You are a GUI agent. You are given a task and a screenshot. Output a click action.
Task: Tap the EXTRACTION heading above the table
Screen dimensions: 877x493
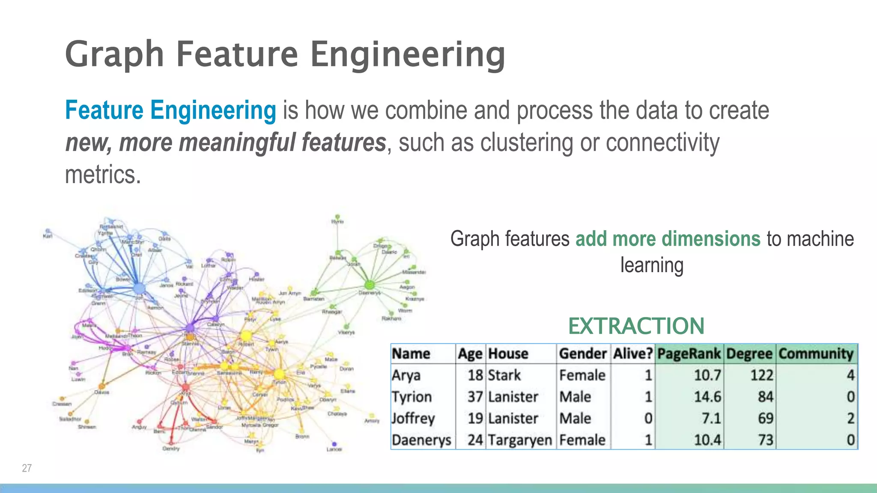pos(636,326)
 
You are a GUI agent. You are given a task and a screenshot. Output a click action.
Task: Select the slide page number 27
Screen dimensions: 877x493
pos(27,468)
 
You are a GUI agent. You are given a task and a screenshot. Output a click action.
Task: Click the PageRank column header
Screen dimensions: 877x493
pos(689,354)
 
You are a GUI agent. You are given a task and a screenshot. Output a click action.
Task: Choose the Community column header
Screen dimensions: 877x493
pos(816,354)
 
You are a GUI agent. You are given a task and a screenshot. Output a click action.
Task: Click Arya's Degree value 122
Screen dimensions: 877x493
pos(761,375)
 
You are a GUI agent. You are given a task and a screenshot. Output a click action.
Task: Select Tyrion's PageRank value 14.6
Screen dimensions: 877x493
pos(707,397)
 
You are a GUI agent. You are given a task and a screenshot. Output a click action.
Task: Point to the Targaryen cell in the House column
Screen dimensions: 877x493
pos(520,440)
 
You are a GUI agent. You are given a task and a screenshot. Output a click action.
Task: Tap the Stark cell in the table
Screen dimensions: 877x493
pos(504,375)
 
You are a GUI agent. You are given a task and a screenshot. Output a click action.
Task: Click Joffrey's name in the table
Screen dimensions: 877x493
pos(413,419)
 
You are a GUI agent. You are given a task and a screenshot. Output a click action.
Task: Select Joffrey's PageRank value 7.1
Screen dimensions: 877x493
pos(711,419)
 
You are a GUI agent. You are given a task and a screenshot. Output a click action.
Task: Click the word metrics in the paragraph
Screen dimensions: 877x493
pos(103,175)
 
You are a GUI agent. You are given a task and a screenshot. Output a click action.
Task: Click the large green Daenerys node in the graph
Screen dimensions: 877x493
pos(370,285)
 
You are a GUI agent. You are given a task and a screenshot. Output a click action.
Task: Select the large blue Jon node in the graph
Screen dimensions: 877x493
pos(139,289)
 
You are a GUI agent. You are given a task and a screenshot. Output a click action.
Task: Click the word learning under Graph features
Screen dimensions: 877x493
pos(652,265)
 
